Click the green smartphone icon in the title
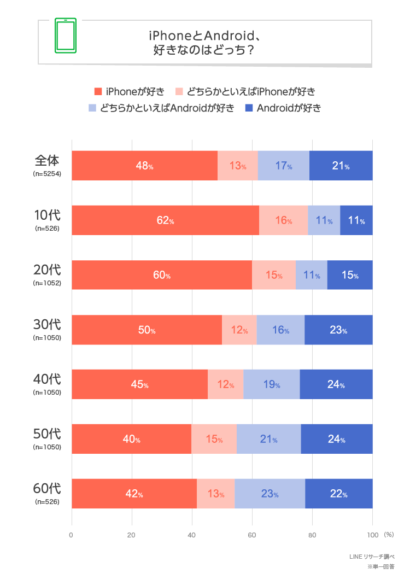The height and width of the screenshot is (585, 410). pyautogui.click(x=65, y=36)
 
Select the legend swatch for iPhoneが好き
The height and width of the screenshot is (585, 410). pyautogui.click(x=98, y=91)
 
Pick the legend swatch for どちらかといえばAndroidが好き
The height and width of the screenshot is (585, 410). pyautogui.click(x=92, y=108)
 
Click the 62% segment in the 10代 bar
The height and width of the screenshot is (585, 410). pyautogui.click(x=165, y=220)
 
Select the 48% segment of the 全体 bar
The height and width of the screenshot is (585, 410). pyautogui.click(x=144, y=166)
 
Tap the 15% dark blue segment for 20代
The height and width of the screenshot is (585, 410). pyautogui.click(x=350, y=275)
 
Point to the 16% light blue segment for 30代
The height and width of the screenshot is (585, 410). pyautogui.click(x=280, y=330)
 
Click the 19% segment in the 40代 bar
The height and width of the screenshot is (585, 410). pyautogui.click(x=272, y=384)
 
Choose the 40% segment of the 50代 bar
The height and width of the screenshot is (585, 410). pyautogui.click(x=131, y=439)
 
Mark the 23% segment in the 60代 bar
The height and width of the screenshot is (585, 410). pyautogui.click(x=270, y=494)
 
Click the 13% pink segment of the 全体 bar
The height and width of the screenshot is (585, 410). pyautogui.click(x=237, y=166)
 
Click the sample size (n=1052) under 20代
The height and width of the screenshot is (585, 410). pyautogui.click(x=47, y=283)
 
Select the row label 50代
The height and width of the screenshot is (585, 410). pyautogui.click(x=47, y=434)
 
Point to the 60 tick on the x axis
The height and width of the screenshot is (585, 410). pyautogui.click(x=251, y=535)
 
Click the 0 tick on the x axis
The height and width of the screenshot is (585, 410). pyautogui.click(x=72, y=535)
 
